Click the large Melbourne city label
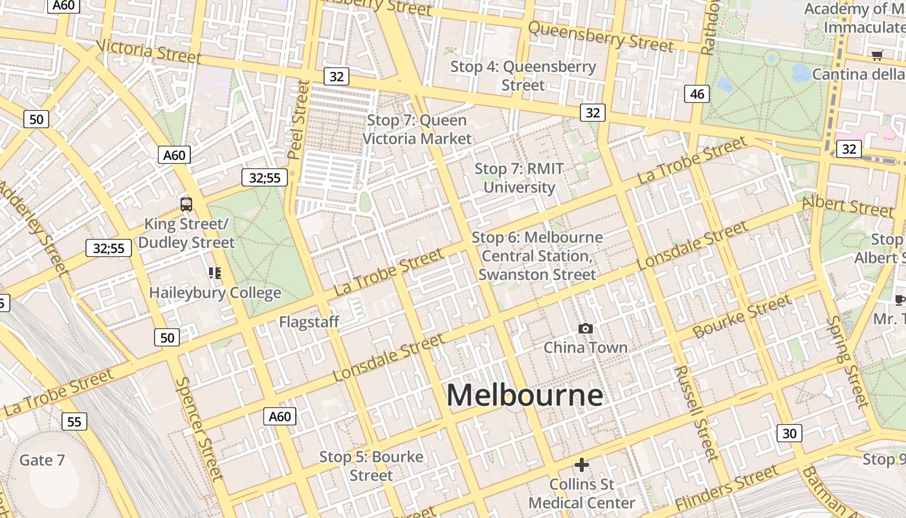click(x=525, y=395)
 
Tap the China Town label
click(x=586, y=348)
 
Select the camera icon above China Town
click(x=586, y=329)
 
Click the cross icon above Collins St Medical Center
click(x=582, y=465)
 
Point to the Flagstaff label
click(x=309, y=322)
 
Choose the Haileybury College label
click(x=215, y=293)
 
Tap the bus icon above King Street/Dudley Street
click(x=186, y=205)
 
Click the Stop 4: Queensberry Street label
click(x=523, y=76)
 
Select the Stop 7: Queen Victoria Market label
click(x=417, y=129)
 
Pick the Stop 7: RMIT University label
click(x=519, y=178)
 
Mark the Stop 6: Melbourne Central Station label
click(x=537, y=256)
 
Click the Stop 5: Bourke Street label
click(x=371, y=466)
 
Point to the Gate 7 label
click(x=42, y=460)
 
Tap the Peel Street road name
click(x=298, y=120)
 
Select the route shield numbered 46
click(x=697, y=94)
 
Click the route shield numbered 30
click(x=789, y=433)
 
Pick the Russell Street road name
click(x=696, y=412)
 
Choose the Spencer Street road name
click(x=199, y=428)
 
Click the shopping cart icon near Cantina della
click(x=877, y=56)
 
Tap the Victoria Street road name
click(x=149, y=52)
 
